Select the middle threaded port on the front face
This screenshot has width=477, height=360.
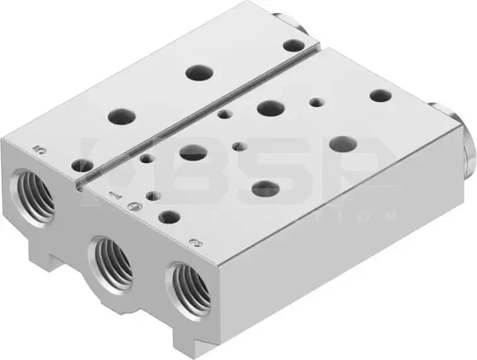click(112, 262)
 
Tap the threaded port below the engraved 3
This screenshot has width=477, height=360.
click(191, 288)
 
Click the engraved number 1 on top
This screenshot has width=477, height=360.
click(114, 195)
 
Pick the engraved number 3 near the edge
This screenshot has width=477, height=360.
click(195, 242)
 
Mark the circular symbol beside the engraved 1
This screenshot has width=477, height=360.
click(132, 206)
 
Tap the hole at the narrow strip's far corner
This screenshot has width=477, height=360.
click(293, 45)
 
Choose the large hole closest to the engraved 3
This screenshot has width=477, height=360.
click(168, 217)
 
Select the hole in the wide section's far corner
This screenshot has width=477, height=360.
click(380, 95)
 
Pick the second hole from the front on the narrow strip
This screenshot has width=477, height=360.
click(122, 116)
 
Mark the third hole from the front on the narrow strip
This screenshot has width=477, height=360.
click(199, 72)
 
